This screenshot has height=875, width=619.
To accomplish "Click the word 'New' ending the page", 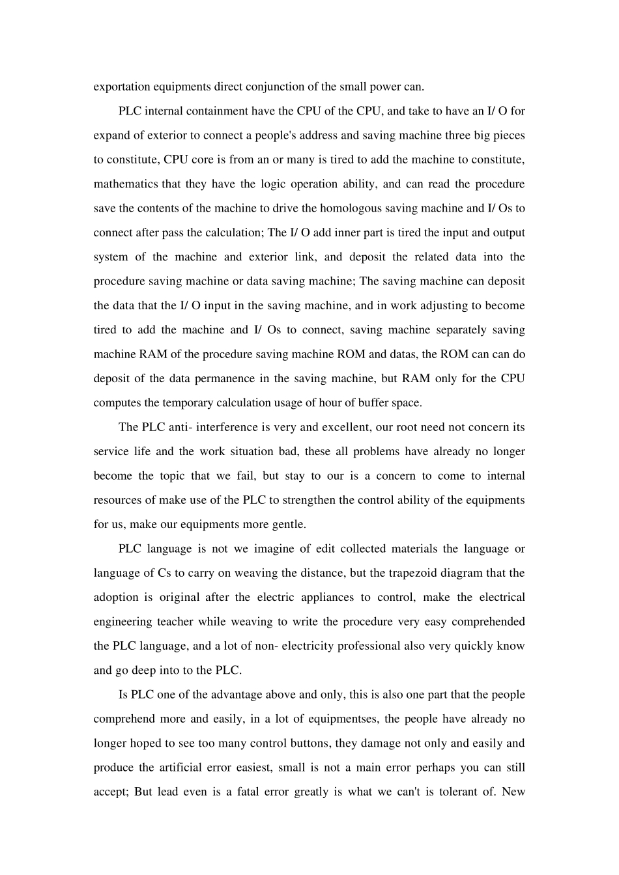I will [513, 792].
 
